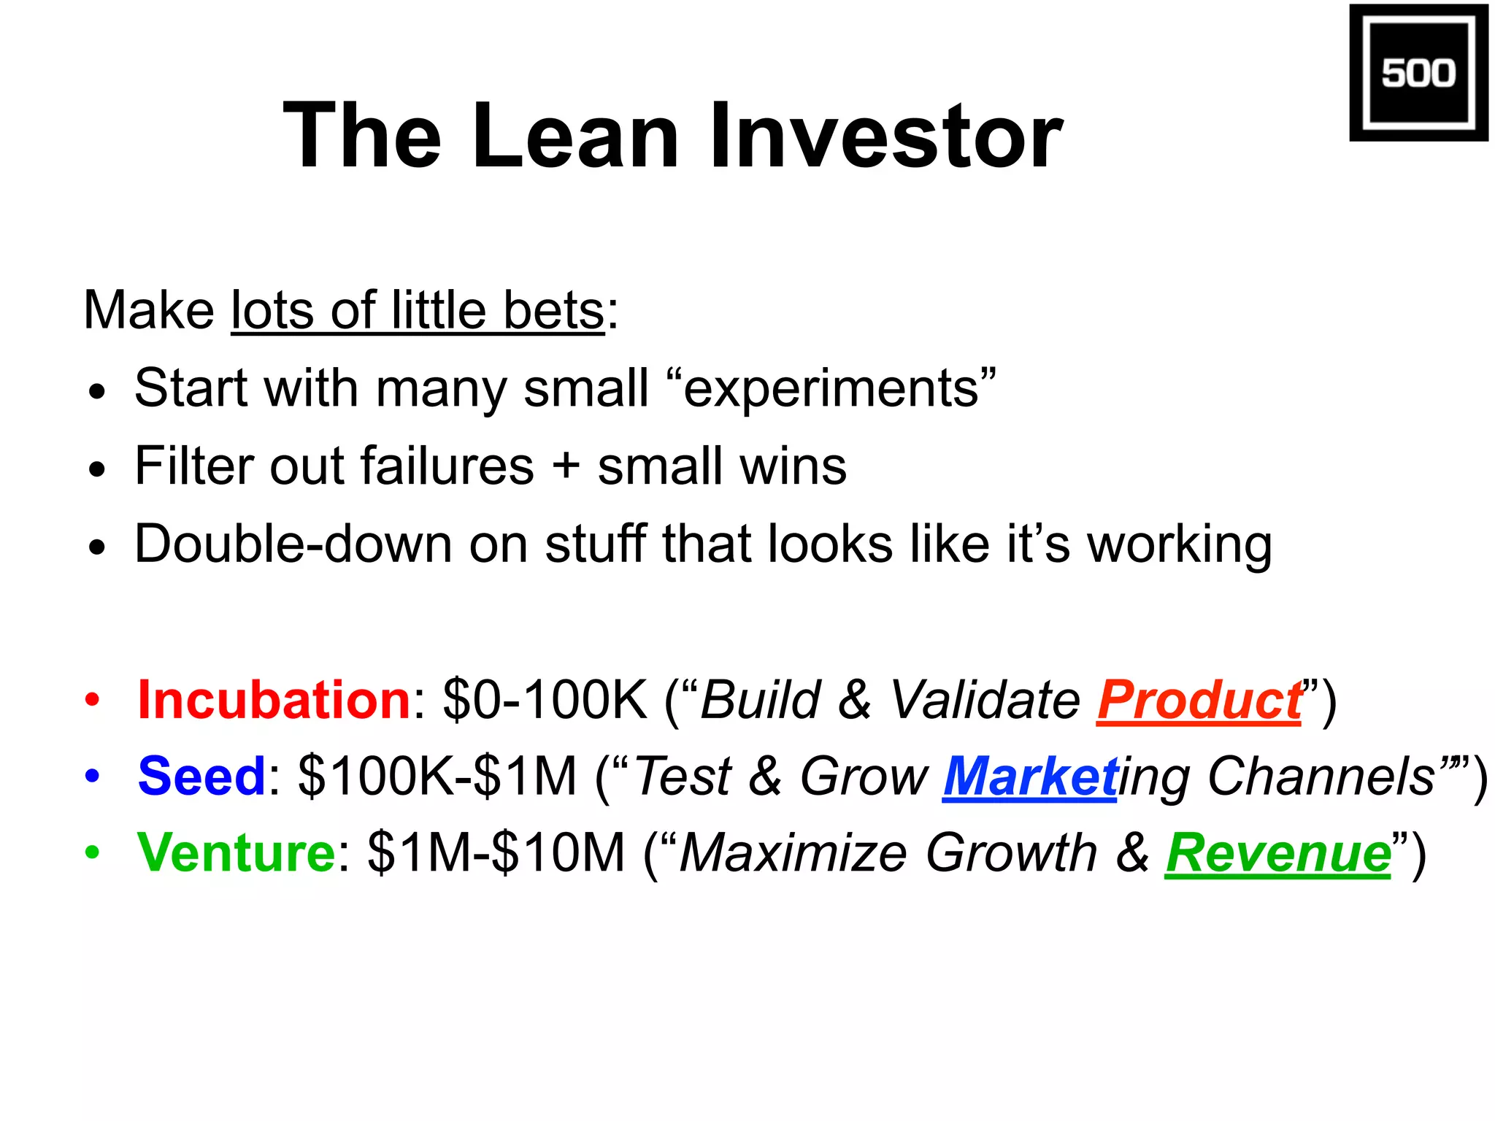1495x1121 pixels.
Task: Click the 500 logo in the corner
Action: coord(1418,72)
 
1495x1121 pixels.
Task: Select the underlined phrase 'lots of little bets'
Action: coord(418,311)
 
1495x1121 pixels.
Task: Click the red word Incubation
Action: coord(274,700)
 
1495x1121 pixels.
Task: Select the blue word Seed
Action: coord(202,776)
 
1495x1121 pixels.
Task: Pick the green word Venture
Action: coord(236,852)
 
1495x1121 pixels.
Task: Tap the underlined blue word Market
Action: coord(1029,776)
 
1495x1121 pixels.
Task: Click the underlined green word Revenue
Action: coord(1277,852)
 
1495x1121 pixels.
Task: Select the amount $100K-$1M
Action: coord(437,776)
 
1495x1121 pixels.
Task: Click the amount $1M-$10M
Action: coord(496,852)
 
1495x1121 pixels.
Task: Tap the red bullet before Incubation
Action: coord(92,700)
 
